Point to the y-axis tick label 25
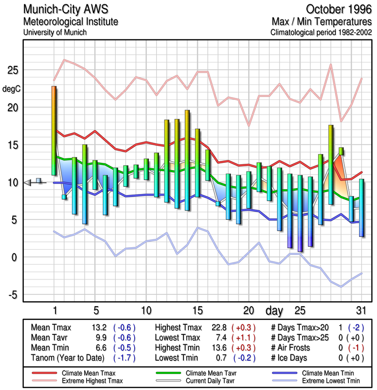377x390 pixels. pos(11,70)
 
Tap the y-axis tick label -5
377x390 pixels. pos(12,294)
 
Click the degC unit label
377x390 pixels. pos(12,89)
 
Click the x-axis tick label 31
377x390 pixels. pos(360,310)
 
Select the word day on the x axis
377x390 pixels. pos(275,310)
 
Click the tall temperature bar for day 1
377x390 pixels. pos(54,131)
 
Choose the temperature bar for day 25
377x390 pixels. pos(300,213)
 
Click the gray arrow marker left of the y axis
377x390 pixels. pos(29,182)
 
